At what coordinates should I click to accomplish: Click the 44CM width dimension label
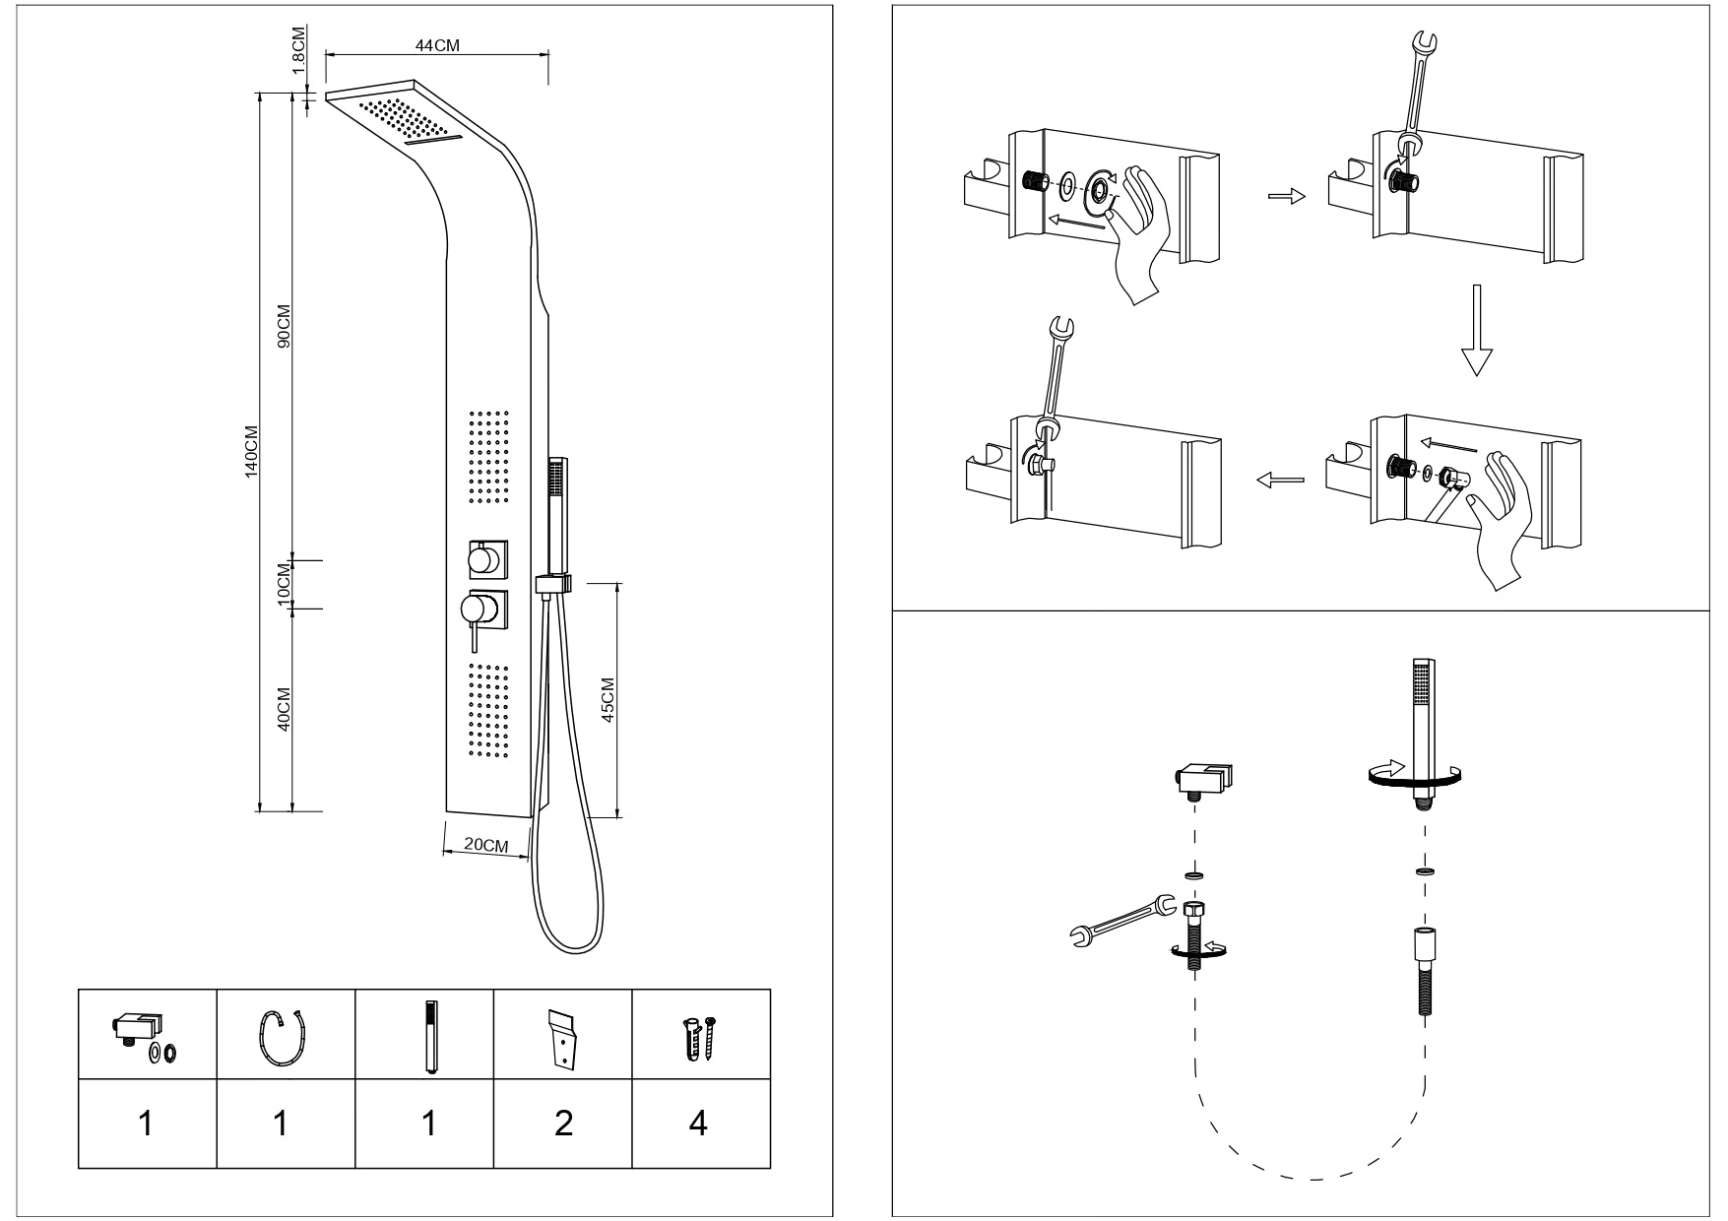click(437, 45)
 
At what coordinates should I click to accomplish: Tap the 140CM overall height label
click(251, 452)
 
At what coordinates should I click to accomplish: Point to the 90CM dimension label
click(285, 326)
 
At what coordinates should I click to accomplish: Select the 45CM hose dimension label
click(608, 700)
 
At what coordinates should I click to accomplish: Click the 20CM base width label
click(485, 845)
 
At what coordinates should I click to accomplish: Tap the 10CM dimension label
click(285, 585)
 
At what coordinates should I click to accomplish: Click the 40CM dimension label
click(285, 709)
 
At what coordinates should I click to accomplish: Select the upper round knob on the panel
click(483, 560)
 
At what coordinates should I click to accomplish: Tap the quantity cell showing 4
click(698, 1123)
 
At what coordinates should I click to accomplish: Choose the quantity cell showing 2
click(563, 1123)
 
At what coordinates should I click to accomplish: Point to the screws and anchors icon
click(700, 1036)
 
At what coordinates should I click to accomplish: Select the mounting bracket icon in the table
click(562, 1036)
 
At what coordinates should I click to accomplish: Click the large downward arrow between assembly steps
click(1474, 330)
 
